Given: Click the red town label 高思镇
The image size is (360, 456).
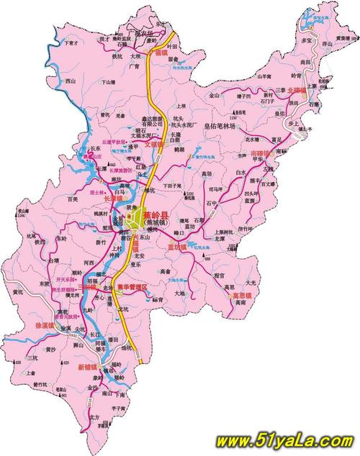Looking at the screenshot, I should click(x=240, y=295).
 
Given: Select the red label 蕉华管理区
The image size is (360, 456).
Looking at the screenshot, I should click(x=133, y=288).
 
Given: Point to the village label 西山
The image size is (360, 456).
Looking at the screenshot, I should click(x=71, y=81).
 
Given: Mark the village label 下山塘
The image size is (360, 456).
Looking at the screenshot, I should click(x=107, y=83).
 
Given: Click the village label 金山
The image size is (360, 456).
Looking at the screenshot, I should click(x=215, y=94).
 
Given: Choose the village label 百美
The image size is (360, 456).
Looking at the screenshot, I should click(x=71, y=199).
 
